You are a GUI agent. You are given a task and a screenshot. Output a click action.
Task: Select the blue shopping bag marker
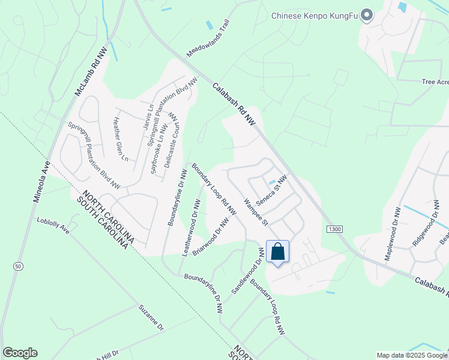(x=277, y=252)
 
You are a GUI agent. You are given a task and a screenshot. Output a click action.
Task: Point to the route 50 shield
(x=19, y=266)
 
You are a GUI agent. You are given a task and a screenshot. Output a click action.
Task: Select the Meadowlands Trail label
(x=208, y=38)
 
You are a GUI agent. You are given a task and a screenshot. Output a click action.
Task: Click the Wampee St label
(x=255, y=212)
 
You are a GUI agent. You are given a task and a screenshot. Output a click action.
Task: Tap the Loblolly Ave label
(x=53, y=226)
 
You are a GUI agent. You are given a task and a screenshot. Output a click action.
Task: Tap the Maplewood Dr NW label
(x=391, y=235)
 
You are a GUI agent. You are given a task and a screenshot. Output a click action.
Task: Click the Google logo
(x=20, y=353)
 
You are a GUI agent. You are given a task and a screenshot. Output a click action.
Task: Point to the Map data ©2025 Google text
(x=411, y=355)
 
